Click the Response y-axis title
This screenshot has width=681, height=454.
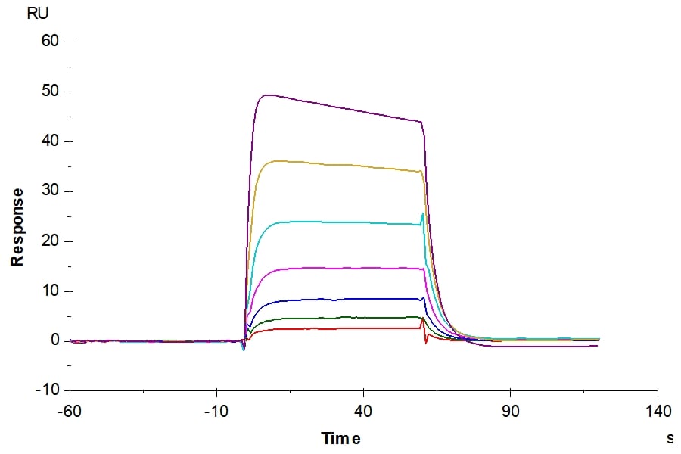[17, 227]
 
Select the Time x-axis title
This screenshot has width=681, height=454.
[340, 439]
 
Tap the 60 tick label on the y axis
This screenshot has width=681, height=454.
[49, 41]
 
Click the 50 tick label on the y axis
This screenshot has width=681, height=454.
[49, 92]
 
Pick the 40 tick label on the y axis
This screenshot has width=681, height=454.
[49, 141]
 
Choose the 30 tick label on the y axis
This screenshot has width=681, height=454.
[49, 191]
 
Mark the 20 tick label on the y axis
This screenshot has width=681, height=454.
[49, 241]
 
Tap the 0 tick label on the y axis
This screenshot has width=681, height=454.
[54, 340]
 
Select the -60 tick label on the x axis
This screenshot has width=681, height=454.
[70, 412]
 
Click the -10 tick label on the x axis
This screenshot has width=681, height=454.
[216, 412]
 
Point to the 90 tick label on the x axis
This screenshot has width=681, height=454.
[510, 412]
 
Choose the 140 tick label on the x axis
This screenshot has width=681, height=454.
[657, 412]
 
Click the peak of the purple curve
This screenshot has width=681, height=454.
[267, 95]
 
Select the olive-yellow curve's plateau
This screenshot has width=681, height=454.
[340, 164]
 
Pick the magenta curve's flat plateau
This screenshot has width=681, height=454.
[340, 268]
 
